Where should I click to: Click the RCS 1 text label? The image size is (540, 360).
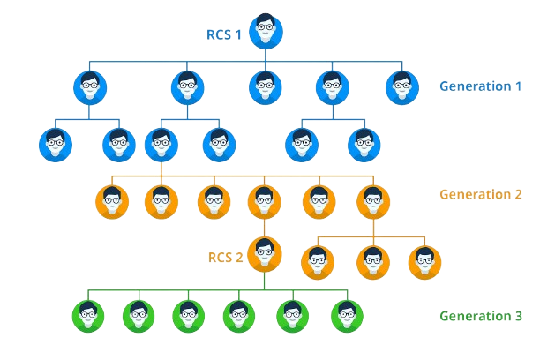224,35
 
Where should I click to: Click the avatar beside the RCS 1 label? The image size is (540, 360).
266,32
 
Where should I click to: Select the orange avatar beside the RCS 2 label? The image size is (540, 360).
266,256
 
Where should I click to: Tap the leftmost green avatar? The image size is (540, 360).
88,313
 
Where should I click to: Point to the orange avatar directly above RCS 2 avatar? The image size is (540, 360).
265,201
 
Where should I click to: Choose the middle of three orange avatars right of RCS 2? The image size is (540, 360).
374,260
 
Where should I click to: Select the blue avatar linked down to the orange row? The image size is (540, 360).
161,143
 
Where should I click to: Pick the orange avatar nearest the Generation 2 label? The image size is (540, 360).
373,201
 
